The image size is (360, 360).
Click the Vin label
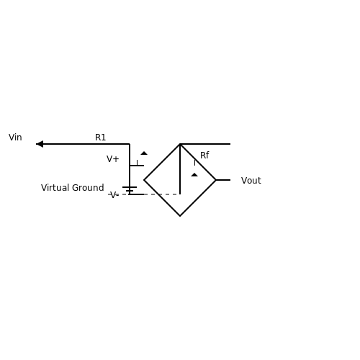(x=15, y=138)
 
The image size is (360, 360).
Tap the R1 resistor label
(x=100, y=138)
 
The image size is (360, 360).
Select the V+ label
(x=112, y=159)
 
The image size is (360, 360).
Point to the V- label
(x=113, y=194)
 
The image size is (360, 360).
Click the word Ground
(x=88, y=188)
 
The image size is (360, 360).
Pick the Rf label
(x=204, y=156)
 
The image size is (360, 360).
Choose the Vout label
(x=251, y=181)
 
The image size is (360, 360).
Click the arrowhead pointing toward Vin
(x=40, y=144)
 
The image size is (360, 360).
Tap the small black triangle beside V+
(x=144, y=153)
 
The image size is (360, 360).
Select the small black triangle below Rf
(x=194, y=175)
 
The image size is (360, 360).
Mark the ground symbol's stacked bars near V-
(x=130, y=189)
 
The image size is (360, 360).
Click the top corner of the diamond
(x=180, y=144)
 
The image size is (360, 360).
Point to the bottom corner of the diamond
(x=180, y=216)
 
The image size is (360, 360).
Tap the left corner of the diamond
(x=144, y=180)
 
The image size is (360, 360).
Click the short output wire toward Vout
(x=223, y=180)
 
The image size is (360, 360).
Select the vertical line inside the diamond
(x=180, y=169)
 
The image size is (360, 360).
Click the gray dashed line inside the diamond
(x=162, y=194)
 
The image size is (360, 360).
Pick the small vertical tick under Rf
(x=194, y=163)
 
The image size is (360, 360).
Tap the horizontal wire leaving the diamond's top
(x=205, y=144)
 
